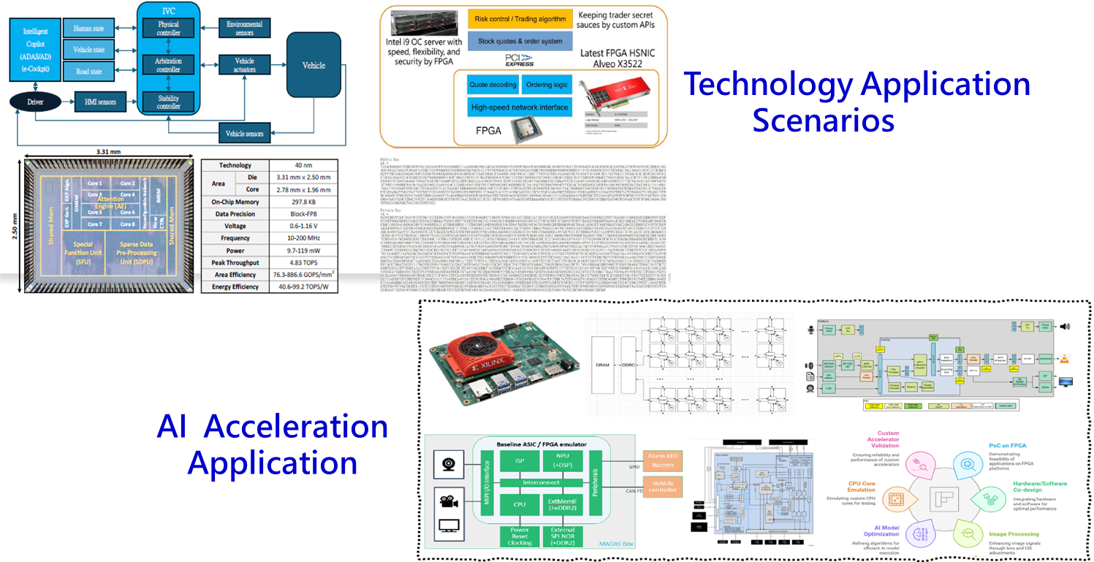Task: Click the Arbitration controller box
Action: click(168, 65)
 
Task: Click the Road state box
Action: click(89, 72)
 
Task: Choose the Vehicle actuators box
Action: click(244, 65)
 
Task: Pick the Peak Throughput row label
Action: click(235, 262)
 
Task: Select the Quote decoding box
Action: click(491, 85)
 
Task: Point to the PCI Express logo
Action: click(520, 58)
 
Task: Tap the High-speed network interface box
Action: click(520, 107)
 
